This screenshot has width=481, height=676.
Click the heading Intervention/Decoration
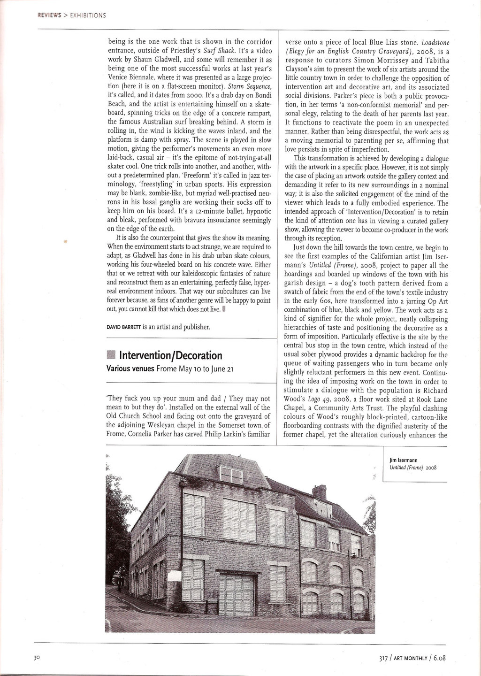tap(171, 355)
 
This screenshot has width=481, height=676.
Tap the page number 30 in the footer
tap(37, 658)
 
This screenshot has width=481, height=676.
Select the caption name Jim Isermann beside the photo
tap(404, 460)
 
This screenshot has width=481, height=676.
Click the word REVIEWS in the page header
tap(49, 15)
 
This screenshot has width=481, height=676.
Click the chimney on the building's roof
tap(319, 492)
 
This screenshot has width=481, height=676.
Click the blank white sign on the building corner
tap(174, 576)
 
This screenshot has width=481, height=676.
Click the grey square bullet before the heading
tap(111, 355)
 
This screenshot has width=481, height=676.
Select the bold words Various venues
tap(130, 369)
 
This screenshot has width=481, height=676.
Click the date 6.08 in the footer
tap(439, 658)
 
